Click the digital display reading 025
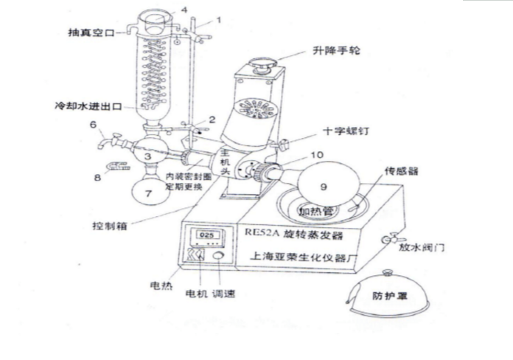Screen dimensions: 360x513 [x=207, y=236]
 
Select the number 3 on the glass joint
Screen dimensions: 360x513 [x=149, y=156]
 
